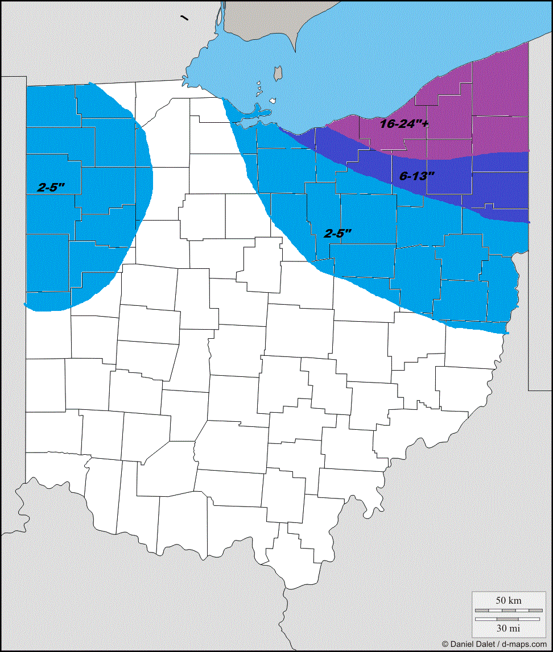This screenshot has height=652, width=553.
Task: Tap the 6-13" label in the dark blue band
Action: [416, 176]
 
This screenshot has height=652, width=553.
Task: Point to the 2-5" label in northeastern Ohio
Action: [338, 232]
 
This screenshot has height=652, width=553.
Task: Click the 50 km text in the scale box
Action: [507, 600]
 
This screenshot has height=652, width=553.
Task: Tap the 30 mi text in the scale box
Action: [507, 628]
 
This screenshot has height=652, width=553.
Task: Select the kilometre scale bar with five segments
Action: [507, 610]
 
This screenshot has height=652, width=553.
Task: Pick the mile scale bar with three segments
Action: [507, 618]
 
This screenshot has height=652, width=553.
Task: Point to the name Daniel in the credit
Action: [463, 644]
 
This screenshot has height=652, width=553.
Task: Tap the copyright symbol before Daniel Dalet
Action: [445, 644]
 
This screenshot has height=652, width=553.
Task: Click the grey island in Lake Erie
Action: [278, 73]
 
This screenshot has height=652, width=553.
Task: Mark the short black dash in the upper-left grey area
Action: [184, 18]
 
